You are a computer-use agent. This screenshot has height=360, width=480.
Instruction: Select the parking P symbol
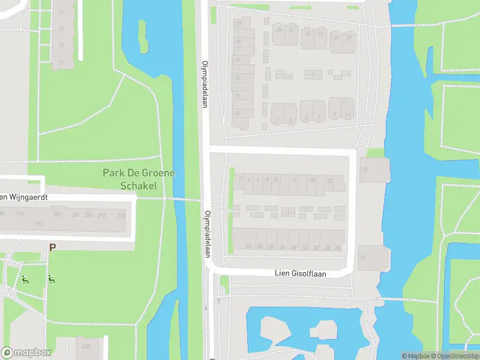click(x=52, y=247)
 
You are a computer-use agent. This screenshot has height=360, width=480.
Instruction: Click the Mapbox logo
click(x=26, y=353)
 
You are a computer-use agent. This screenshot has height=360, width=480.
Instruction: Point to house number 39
click(x=238, y=41)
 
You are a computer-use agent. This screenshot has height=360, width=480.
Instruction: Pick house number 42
click(x=248, y=247)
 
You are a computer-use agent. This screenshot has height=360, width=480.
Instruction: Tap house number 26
click(x=337, y=247)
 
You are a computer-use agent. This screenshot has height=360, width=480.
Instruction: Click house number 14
click(x=293, y=180)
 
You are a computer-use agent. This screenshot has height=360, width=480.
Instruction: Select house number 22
click(x=329, y=180)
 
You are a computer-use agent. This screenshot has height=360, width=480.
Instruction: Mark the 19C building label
click(x=38, y=223)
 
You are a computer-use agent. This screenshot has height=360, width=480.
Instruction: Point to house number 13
click(x=61, y=46)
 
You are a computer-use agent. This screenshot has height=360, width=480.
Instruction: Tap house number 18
click(x=311, y=180)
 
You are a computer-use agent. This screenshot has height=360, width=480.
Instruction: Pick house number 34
click(x=293, y=247)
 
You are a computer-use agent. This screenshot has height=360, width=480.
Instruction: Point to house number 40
click(x=260, y=247)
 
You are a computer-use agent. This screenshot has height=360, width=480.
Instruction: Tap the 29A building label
click(x=102, y=215)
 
